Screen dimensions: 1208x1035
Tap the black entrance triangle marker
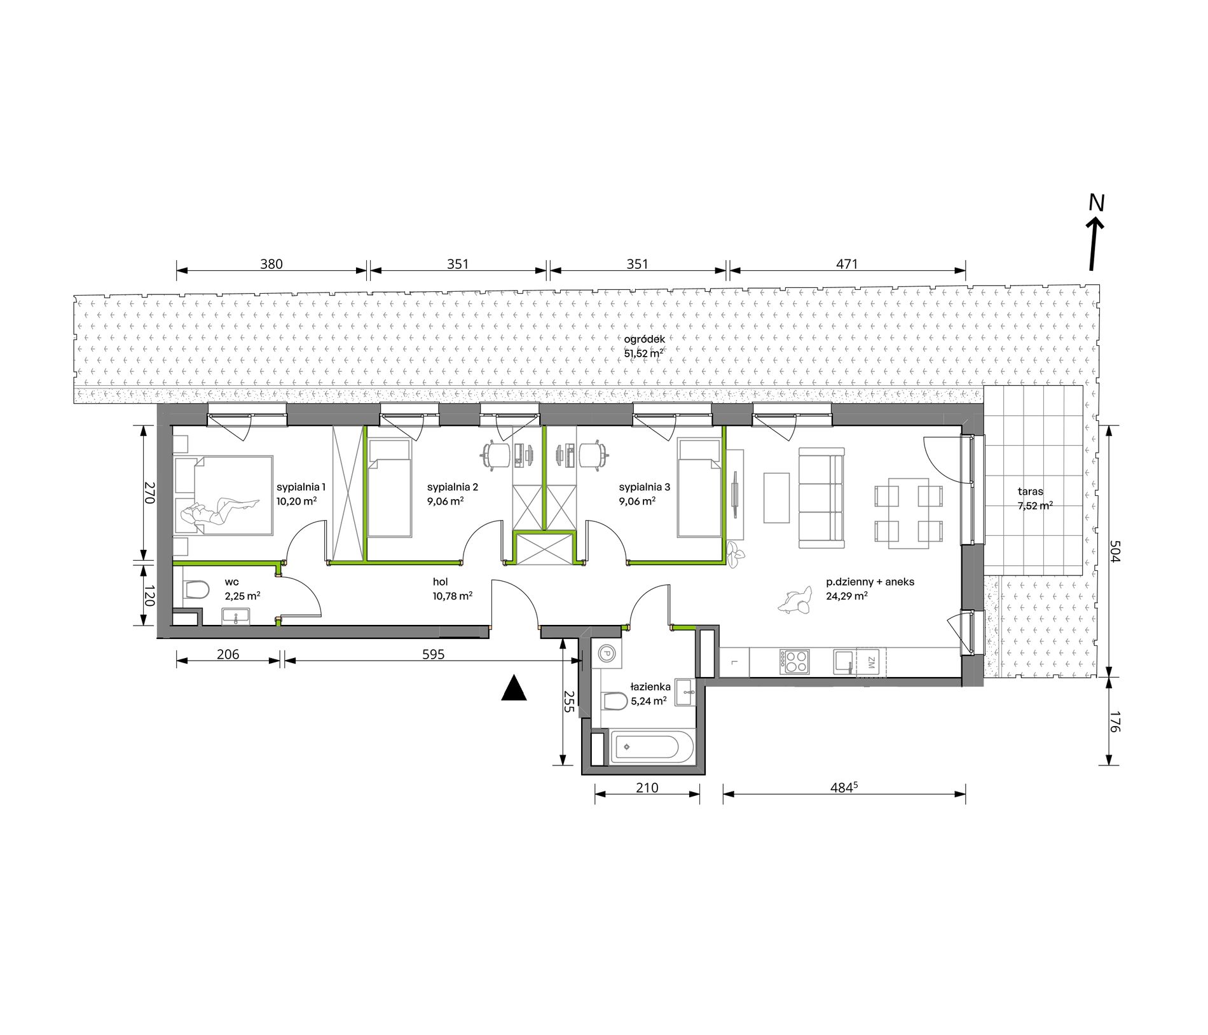[514, 689]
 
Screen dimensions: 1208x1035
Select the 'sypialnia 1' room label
[301, 487]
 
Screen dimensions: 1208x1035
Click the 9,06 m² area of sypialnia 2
[445, 500]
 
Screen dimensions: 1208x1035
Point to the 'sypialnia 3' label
[645, 487]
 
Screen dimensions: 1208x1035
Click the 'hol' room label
[440, 582]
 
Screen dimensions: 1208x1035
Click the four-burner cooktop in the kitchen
[795, 662]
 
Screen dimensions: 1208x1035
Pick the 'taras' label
[1030, 491]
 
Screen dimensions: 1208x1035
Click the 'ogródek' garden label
[645, 339]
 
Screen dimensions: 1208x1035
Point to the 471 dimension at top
[848, 264]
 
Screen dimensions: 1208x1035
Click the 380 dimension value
[271, 264]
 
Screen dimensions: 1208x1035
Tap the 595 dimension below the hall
[433, 654]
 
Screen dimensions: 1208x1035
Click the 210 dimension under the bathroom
[647, 788]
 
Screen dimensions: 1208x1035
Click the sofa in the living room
[821, 498]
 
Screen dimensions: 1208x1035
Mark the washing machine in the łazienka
[607, 653]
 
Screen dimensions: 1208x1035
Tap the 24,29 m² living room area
[847, 596]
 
